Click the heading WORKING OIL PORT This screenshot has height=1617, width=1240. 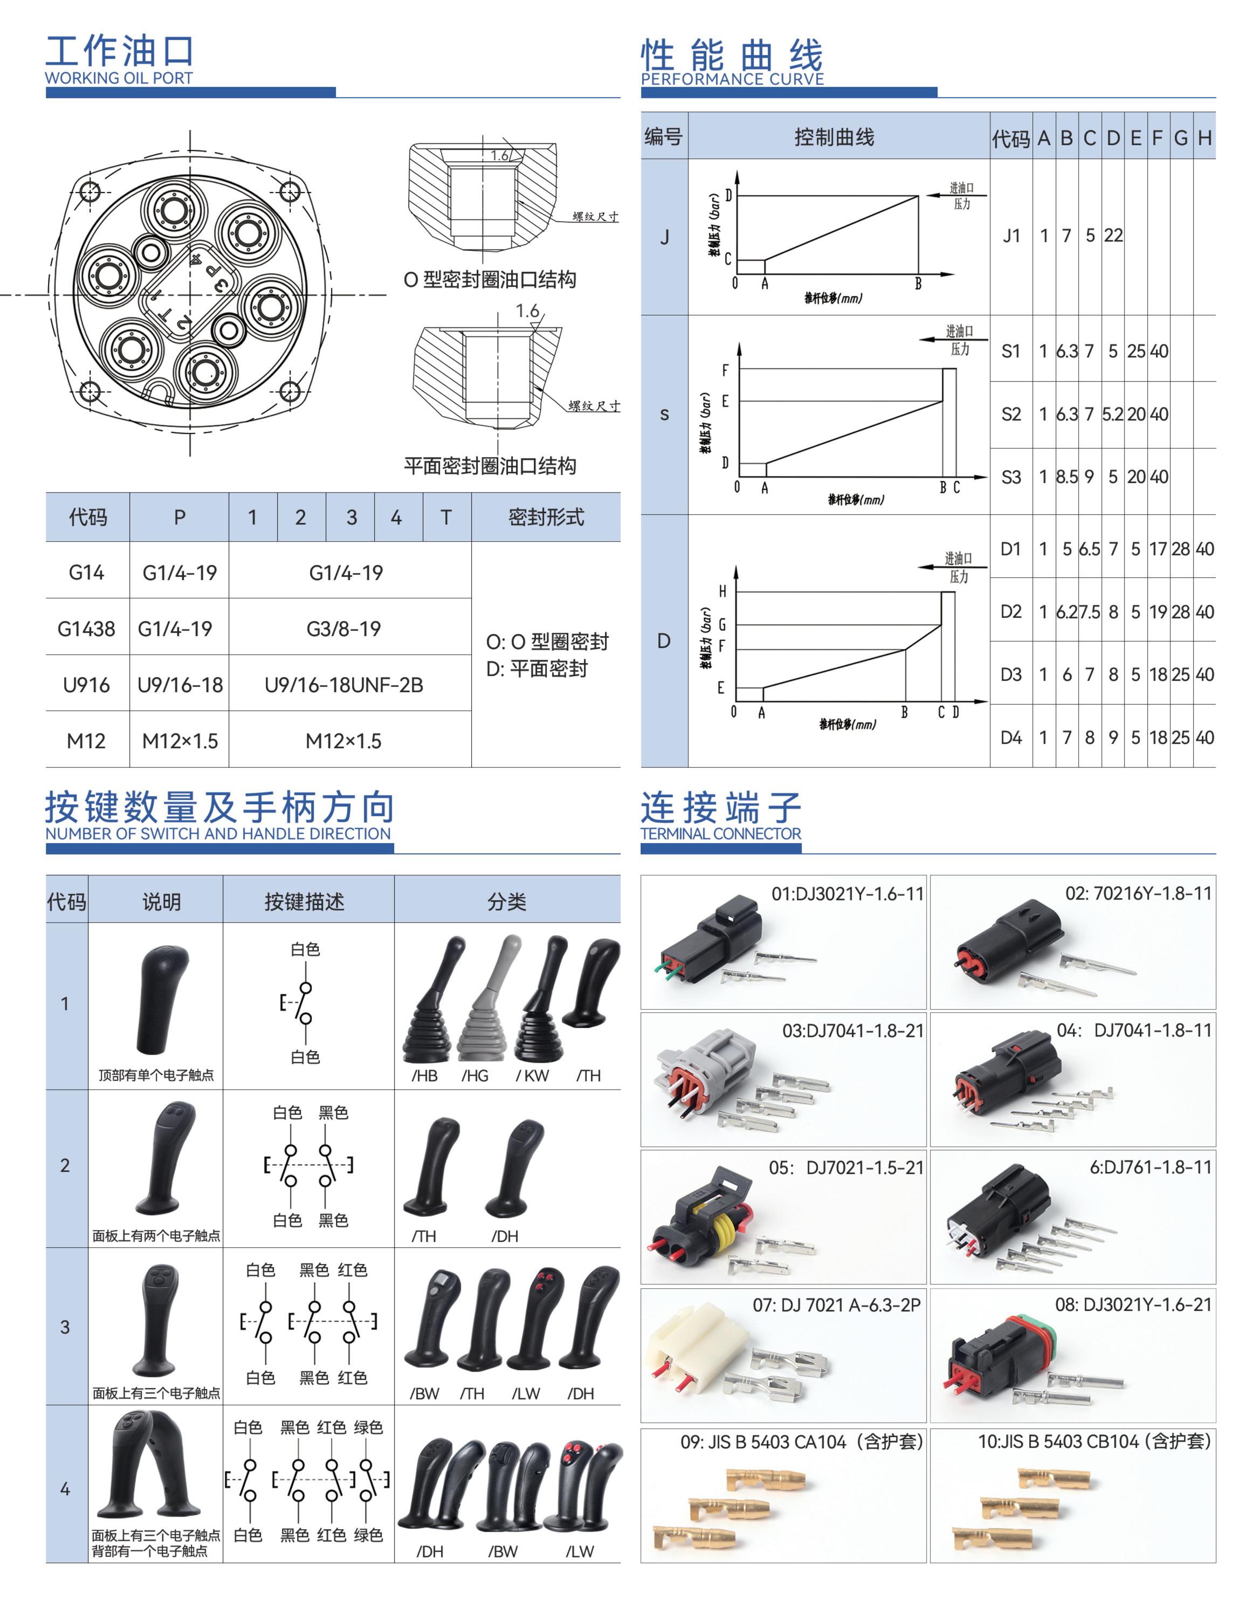click(x=118, y=78)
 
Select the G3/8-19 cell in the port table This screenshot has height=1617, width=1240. click(x=343, y=629)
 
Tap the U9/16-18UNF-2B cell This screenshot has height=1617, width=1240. click(x=343, y=685)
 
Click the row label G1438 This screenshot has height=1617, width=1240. click(x=86, y=629)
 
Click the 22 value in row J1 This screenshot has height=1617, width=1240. click(x=1113, y=236)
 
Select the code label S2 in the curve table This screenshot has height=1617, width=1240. click(x=1011, y=414)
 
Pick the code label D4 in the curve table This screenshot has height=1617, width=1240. click(x=1011, y=737)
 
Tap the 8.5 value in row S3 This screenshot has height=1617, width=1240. click(x=1066, y=477)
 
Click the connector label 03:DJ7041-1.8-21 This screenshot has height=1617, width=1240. click(x=852, y=1030)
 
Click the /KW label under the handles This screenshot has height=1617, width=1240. click(x=532, y=1075)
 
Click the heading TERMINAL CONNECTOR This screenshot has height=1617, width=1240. click(x=720, y=833)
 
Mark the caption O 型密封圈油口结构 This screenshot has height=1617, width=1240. click(x=490, y=280)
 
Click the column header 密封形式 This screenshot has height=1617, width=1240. click(x=546, y=517)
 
